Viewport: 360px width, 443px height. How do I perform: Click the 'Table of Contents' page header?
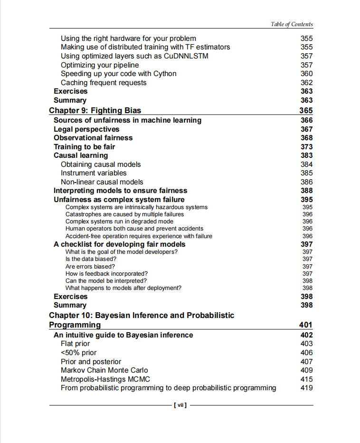click(292, 24)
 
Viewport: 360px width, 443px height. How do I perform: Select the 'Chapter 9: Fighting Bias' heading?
click(95, 111)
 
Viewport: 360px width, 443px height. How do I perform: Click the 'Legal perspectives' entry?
click(86, 129)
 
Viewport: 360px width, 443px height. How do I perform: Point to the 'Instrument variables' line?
click(94, 173)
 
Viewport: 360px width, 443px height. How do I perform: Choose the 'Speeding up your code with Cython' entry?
click(118, 74)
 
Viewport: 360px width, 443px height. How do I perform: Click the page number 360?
click(307, 74)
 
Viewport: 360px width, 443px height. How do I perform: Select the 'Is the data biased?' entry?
click(91, 259)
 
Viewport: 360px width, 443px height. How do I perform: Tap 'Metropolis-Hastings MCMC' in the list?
click(105, 379)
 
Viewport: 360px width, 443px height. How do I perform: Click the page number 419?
click(307, 388)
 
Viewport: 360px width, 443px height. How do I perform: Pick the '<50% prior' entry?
click(78, 353)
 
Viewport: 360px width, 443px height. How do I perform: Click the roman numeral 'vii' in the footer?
click(180, 405)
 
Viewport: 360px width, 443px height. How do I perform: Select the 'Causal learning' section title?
click(81, 155)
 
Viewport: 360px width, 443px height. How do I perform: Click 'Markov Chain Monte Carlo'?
click(104, 370)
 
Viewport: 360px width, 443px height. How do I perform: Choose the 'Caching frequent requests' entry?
click(104, 83)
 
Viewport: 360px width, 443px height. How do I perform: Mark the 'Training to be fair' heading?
click(84, 147)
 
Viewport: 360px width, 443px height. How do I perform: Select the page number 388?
click(307, 191)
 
